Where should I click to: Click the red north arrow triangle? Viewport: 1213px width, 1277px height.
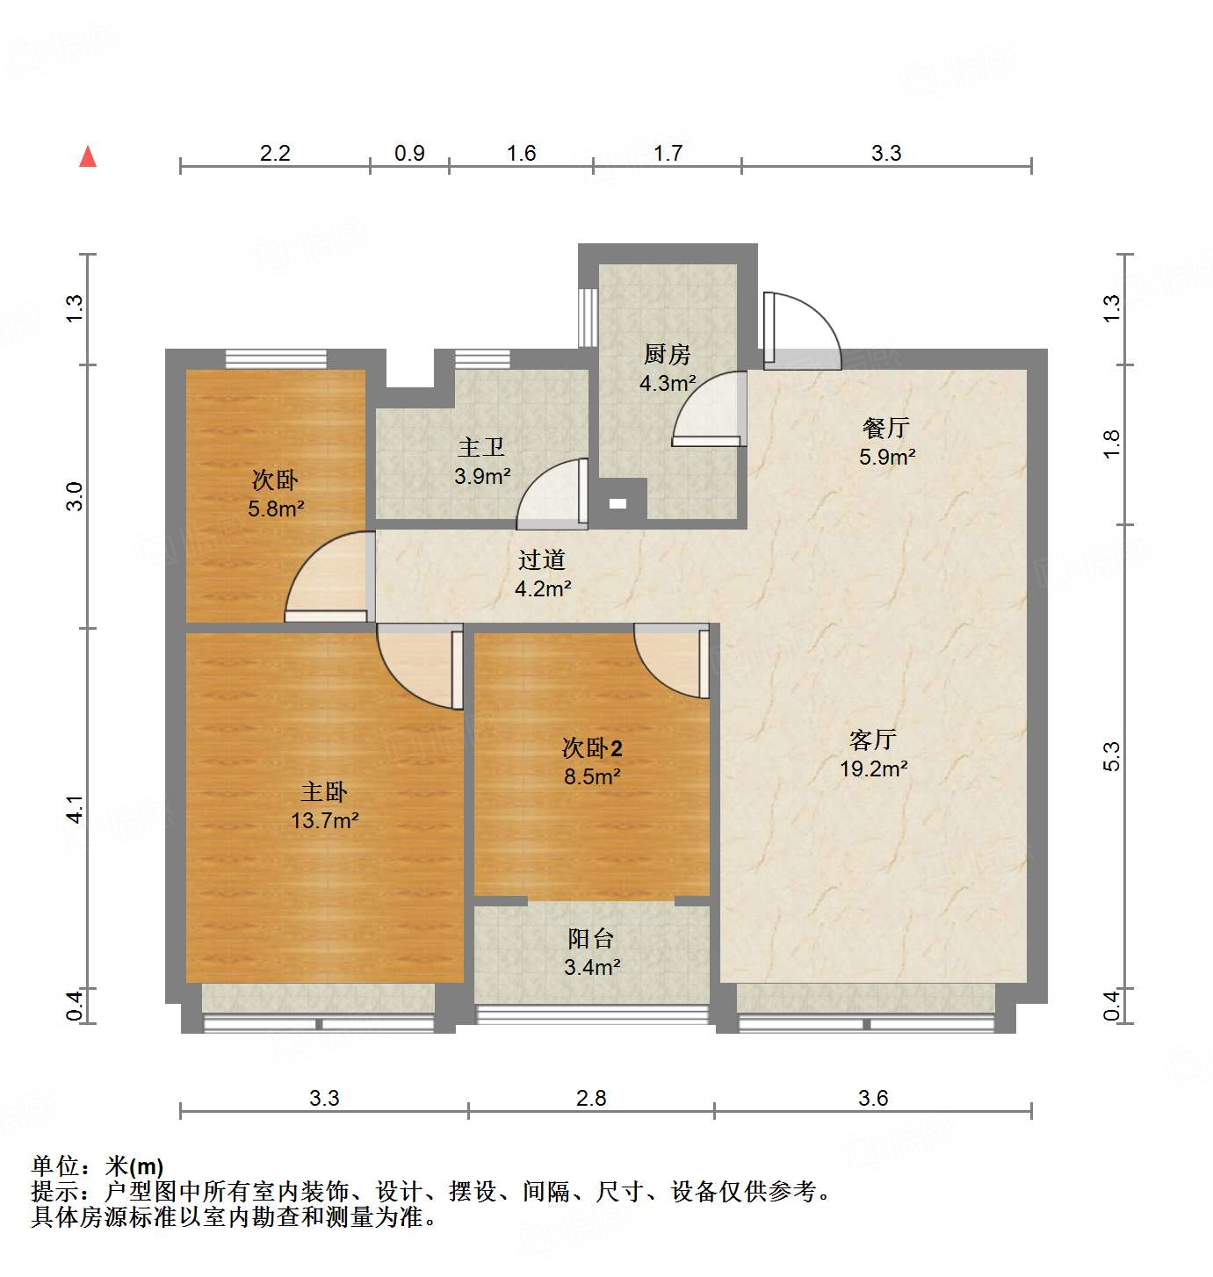coord(88,157)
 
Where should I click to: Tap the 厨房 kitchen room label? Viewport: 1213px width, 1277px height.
coord(668,355)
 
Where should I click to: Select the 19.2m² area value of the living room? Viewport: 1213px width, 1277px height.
coord(873,769)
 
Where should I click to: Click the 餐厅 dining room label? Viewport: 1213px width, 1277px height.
coord(885,429)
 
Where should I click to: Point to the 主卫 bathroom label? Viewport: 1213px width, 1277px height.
coord(481,448)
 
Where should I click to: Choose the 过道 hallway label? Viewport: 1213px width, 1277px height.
coord(542,560)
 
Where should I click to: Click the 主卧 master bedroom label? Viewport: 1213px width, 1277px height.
coord(324,792)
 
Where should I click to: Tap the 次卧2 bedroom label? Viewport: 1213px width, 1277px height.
coord(592,748)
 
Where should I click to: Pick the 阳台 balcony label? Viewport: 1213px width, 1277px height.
coord(590,939)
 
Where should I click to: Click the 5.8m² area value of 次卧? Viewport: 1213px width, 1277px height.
coord(276,509)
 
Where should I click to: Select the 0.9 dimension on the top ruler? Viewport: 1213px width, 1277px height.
coord(409,154)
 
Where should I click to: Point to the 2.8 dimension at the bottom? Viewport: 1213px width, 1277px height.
coord(591,1098)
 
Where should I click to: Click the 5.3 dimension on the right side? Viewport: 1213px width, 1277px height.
coord(1112,757)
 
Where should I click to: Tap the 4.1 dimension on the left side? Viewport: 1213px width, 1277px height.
coord(76,809)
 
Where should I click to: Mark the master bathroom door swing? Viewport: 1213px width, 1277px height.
coord(552,495)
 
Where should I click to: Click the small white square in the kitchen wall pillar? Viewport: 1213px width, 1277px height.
coord(618,503)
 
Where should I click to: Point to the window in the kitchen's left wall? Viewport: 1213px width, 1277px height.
coord(588,317)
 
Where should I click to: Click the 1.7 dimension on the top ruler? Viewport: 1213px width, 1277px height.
coord(668,154)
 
